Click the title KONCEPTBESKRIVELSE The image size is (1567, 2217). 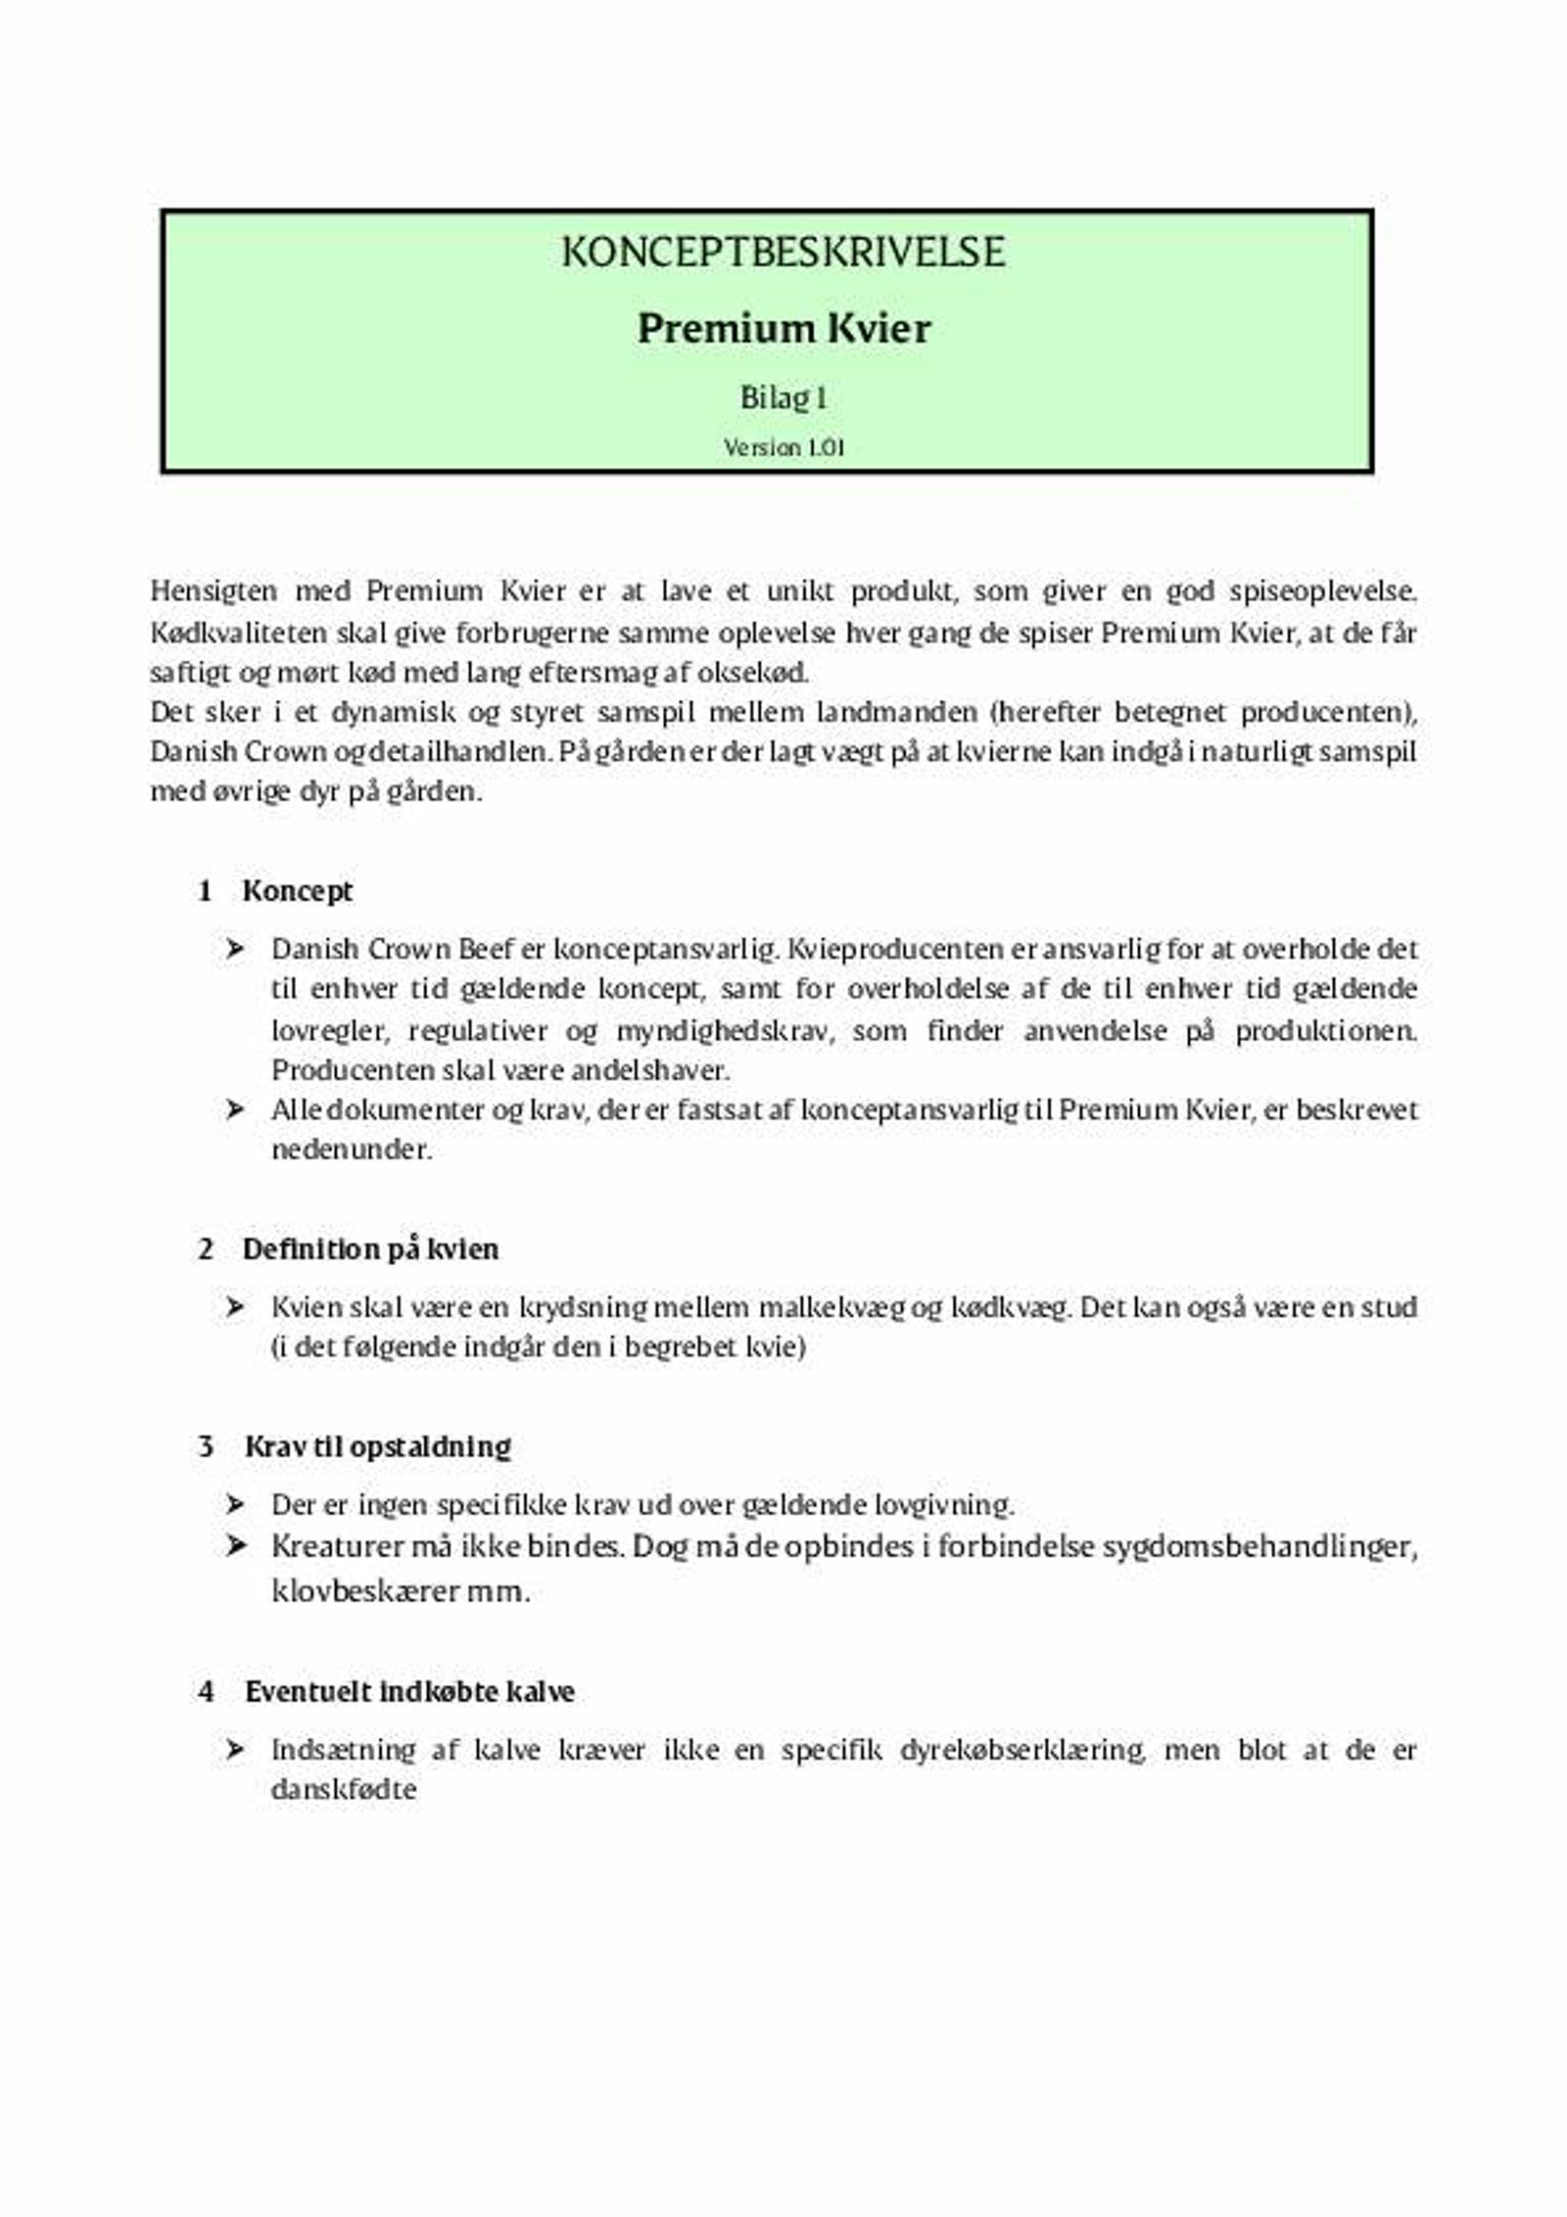pyautogui.click(x=783, y=253)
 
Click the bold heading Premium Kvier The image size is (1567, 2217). pyautogui.click(x=783, y=328)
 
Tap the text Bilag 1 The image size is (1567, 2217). pyautogui.click(x=783, y=398)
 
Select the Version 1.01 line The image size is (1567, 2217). pyautogui.click(x=783, y=448)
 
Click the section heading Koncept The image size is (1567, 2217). pyautogui.click(x=298, y=891)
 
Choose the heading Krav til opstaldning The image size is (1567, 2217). pyautogui.click(x=377, y=1446)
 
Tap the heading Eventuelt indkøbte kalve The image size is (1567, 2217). pyautogui.click(x=409, y=1691)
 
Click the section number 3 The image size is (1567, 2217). pyautogui.click(x=206, y=1446)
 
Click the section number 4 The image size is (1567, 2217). pyautogui.click(x=206, y=1691)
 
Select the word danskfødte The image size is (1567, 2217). pyautogui.click(x=344, y=1789)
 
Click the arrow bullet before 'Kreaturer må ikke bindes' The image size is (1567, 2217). pyautogui.click(x=235, y=1546)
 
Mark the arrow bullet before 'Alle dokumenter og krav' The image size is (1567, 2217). pyautogui.click(x=235, y=1109)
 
